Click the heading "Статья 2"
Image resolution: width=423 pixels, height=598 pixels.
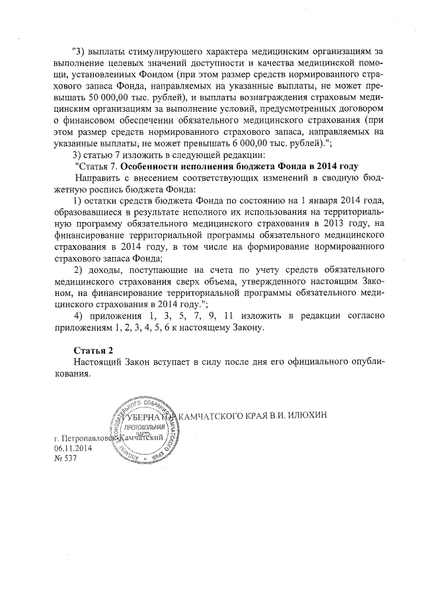pyautogui.click(x=92, y=350)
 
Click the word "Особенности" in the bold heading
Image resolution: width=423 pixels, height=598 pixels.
pyautogui.click(x=158, y=166)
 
